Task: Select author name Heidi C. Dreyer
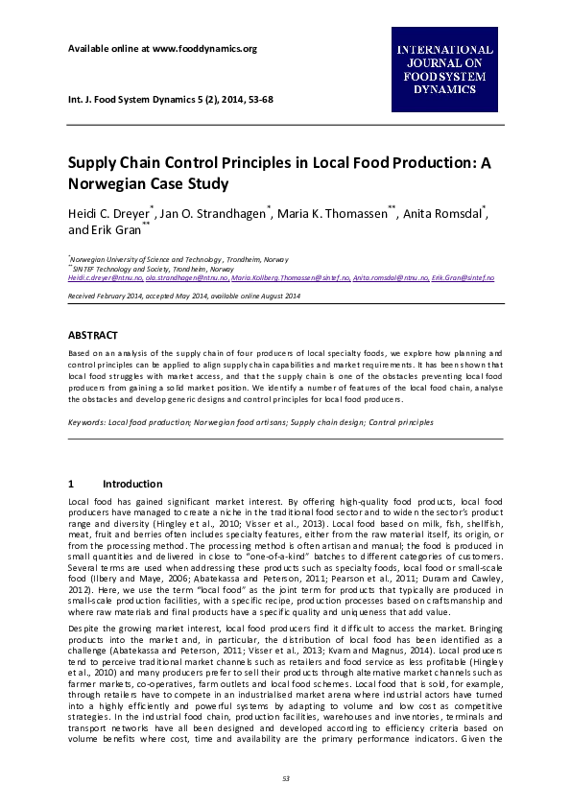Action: click(106, 213)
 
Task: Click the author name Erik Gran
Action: click(113, 230)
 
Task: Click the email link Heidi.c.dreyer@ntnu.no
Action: click(104, 277)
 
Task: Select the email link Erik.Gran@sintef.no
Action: click(463, 277)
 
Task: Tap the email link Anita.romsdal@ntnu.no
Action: click(390, 277)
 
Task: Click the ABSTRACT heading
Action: click(92, 335)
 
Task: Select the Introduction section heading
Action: click(132, 484)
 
